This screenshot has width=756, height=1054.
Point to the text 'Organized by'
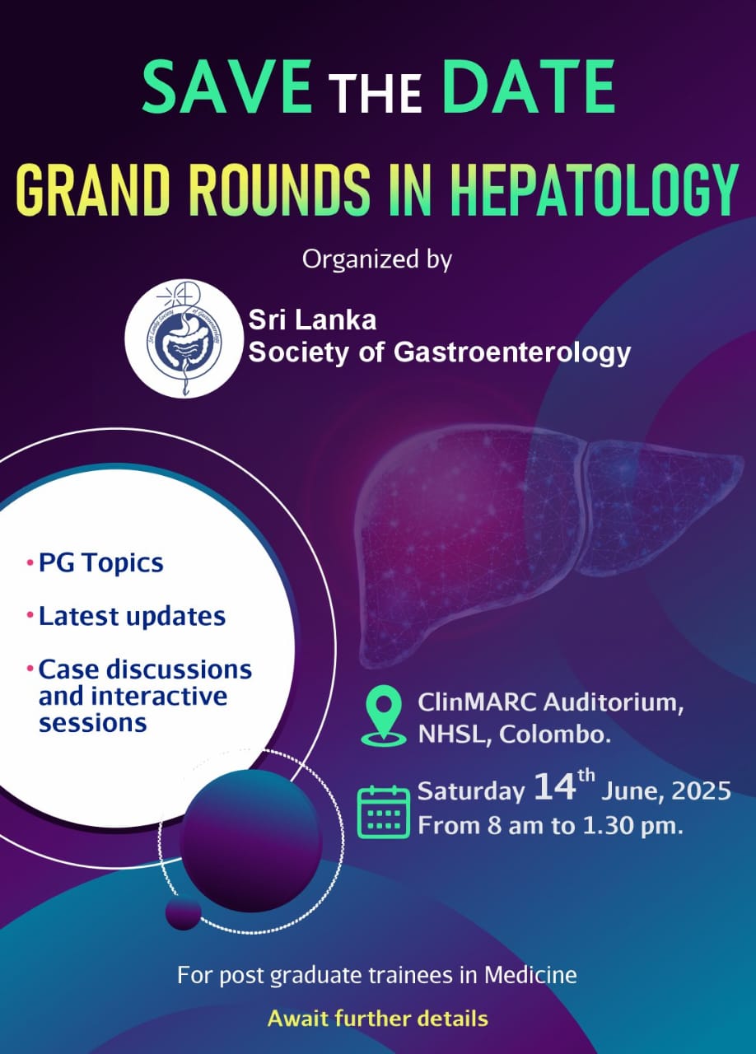tap(377, 259)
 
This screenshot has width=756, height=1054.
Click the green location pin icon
tap(385, 717)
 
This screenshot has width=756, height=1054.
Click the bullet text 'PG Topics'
tap(100, 563)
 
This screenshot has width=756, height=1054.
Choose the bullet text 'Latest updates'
tap(132, 616)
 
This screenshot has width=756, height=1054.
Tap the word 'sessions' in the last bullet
tap(92, 723)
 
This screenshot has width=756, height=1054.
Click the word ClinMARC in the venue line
tap(470, 704)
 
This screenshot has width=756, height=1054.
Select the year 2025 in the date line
tap(700, 792)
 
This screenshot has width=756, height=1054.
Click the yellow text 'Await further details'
tap(377, 1019)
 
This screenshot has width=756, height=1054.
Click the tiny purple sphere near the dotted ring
tap(183, 913)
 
